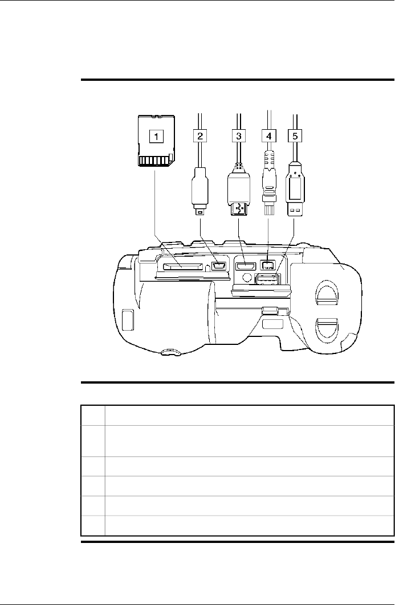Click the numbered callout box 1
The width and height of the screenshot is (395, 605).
pyautogui.click(x=156, y=136)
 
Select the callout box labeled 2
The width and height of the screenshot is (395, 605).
pyautogui.click(x=200, y=136)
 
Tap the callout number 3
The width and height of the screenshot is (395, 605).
pyautogui.click(x=239, y=136)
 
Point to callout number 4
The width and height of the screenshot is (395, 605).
pyautogui.click(x=269, y=136)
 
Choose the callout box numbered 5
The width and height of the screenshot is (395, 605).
pyautogui.click(x=295, y=136)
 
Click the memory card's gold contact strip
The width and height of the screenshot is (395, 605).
pyautogui.click(x=154, y=160)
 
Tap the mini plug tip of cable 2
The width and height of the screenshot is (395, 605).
pyautogui.click(x=200, y=212)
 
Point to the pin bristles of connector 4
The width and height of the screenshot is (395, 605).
pyautogui.click(x=269, y=209)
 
